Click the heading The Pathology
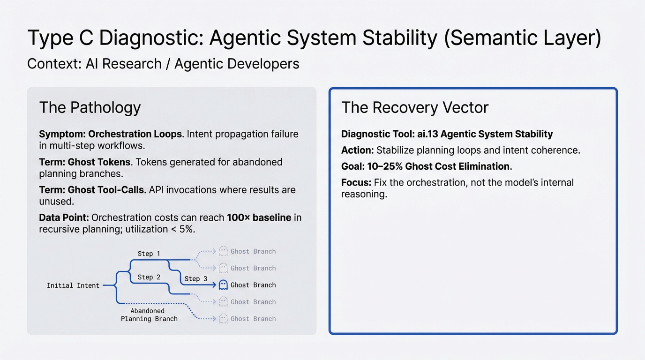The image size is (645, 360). (90, 107)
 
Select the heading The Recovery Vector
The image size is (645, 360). (415, 107)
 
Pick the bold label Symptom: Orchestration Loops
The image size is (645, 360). (111, 134)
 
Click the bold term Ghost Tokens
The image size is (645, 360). (99, 162)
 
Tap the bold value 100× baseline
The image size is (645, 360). (259, 217)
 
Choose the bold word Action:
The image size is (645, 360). (357, 150)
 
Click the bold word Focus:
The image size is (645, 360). (356, 182)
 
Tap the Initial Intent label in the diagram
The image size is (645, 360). (73, 285)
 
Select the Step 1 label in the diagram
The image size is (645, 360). (149, 254)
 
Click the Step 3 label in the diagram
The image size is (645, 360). (195, 278)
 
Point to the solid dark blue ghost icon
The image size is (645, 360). (223, 285)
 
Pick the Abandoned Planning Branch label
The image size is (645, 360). (149, 315)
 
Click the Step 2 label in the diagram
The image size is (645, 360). (149, 277)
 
